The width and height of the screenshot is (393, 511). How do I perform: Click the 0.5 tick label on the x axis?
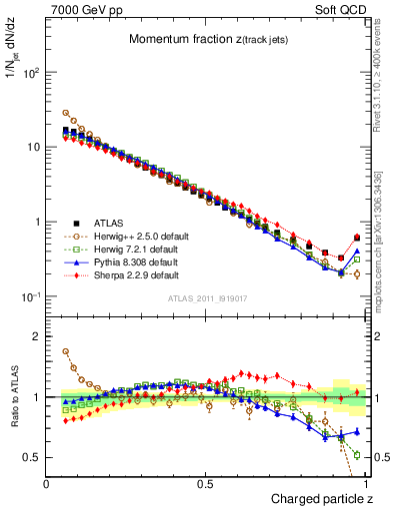tap(205, 483)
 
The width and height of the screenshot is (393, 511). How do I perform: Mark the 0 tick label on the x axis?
tap(47, 483)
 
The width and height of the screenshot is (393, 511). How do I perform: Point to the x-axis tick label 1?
tap(364, 483)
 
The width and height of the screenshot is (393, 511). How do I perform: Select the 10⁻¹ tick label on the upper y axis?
tap(30, 297)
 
